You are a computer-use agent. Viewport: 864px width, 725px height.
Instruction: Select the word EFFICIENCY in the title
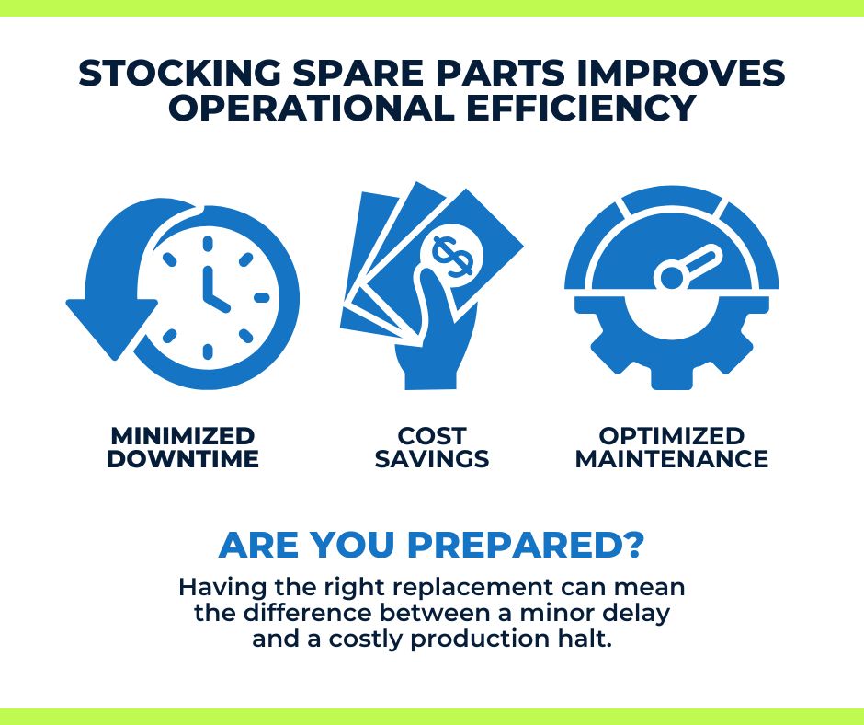pos(581,108)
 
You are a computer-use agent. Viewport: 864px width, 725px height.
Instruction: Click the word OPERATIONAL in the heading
pos(312,108)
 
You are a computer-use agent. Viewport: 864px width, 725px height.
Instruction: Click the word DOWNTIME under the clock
pos(182,459)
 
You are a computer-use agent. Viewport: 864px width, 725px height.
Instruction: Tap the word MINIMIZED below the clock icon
pos(182,436)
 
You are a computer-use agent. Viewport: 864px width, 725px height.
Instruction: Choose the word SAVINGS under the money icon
pos(431,459)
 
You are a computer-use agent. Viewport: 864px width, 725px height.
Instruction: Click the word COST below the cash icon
pos(431,436)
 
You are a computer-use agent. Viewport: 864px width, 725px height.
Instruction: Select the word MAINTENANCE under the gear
pos(671,459)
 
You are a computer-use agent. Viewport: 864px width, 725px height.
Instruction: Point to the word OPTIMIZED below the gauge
pos(671,436)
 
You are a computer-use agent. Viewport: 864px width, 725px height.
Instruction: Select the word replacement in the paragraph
pos(472,588)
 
